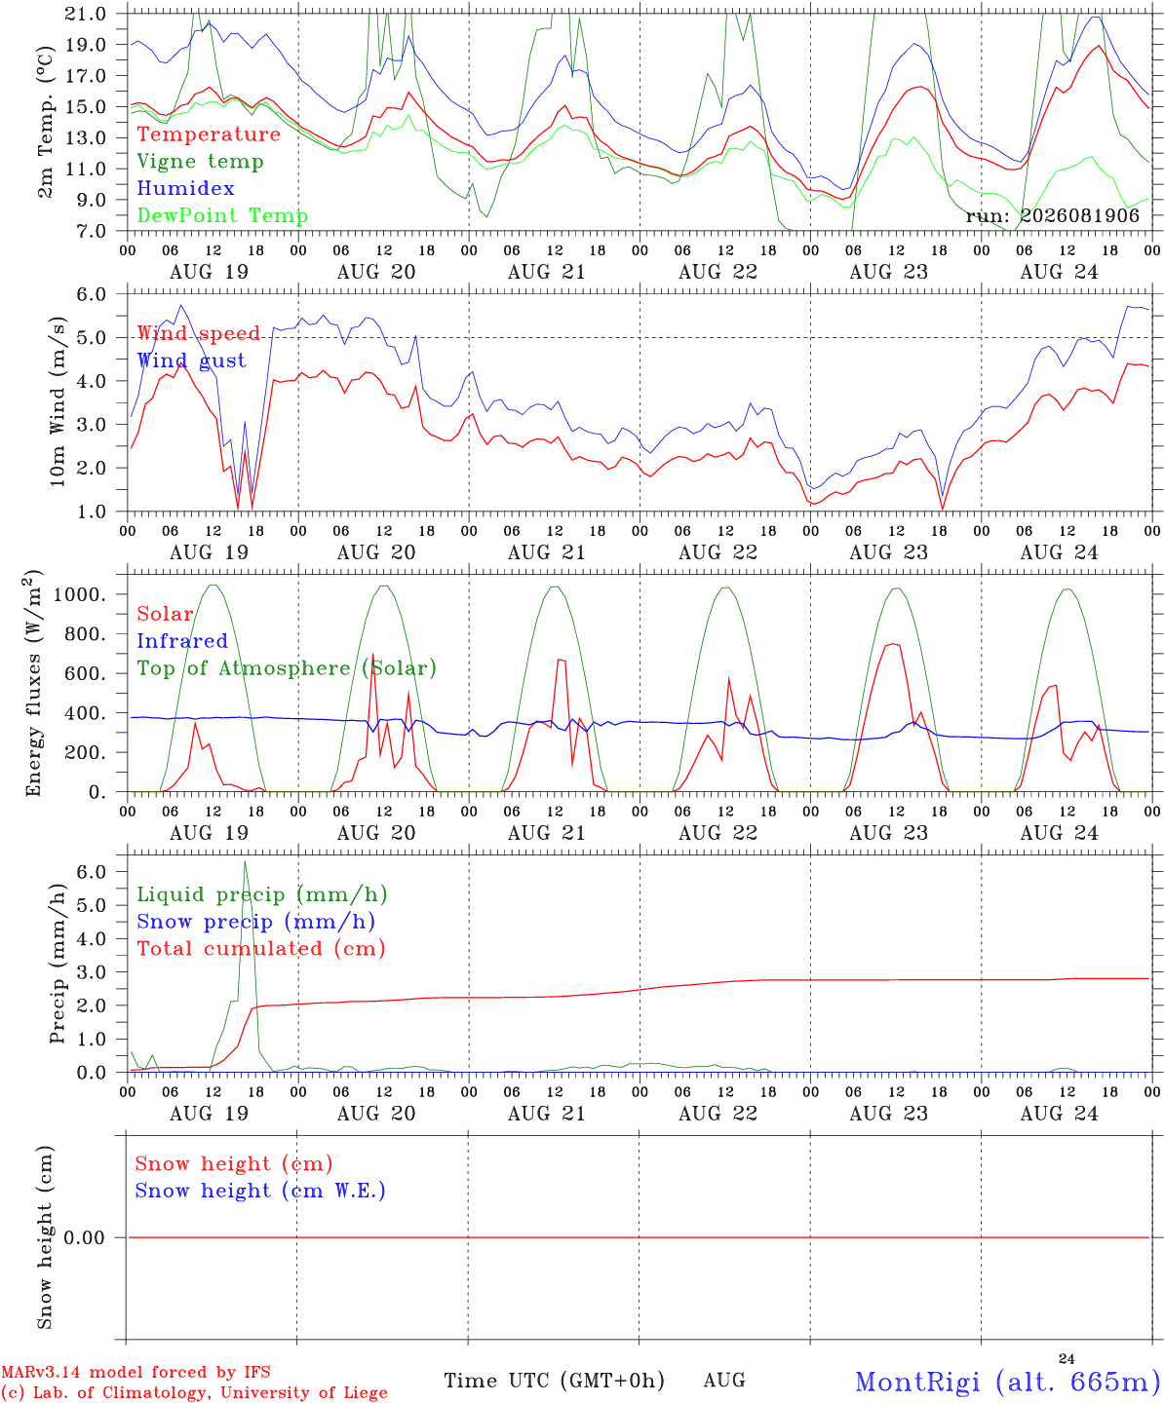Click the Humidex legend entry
[185, 188]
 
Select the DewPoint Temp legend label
[222, 215]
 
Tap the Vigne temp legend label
[201, 162]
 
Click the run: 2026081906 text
[1052, 215]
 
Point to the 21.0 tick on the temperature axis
[85, 14]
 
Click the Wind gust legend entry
[192, 360]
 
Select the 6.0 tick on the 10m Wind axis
[91, 294]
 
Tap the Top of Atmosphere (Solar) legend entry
[288, 668]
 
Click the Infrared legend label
[182, 641]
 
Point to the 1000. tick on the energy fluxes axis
[79, 594]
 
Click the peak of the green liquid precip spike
[245, 862]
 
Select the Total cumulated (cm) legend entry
[261, 949]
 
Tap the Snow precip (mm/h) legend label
[255, 922]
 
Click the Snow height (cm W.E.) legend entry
[260, 1191]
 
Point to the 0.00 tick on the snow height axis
[84, 1237]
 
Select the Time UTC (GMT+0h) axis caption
[554, 1381]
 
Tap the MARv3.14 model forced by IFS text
[136, 1372]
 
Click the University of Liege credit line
[194, 1393]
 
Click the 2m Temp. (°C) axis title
[45, 122]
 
